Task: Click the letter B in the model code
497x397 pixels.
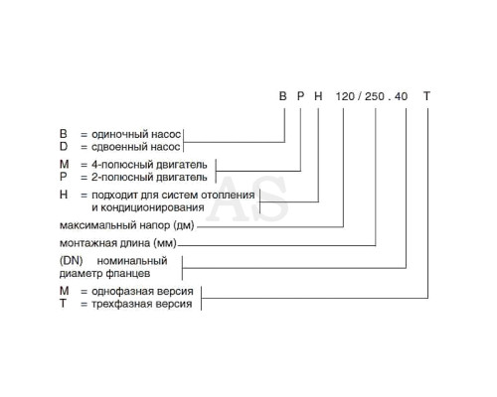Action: click(282, 96)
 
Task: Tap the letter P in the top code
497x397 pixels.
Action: click(300, 96)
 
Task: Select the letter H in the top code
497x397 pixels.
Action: click(318, 96)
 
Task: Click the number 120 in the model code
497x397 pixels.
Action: click(345, 96)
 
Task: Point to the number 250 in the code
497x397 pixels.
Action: click(375, 96)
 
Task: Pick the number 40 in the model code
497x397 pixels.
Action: click(402, 96)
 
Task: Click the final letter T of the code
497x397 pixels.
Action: click(426, 96)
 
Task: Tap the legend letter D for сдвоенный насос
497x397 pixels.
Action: click(64, 146)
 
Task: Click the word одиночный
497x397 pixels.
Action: click(120, 134)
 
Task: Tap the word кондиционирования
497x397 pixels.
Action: click(152, 207)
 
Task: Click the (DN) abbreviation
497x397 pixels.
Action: click(71, 260)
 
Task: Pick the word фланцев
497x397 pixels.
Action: click(127, 274)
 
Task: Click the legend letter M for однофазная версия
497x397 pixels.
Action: click(64, 291)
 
